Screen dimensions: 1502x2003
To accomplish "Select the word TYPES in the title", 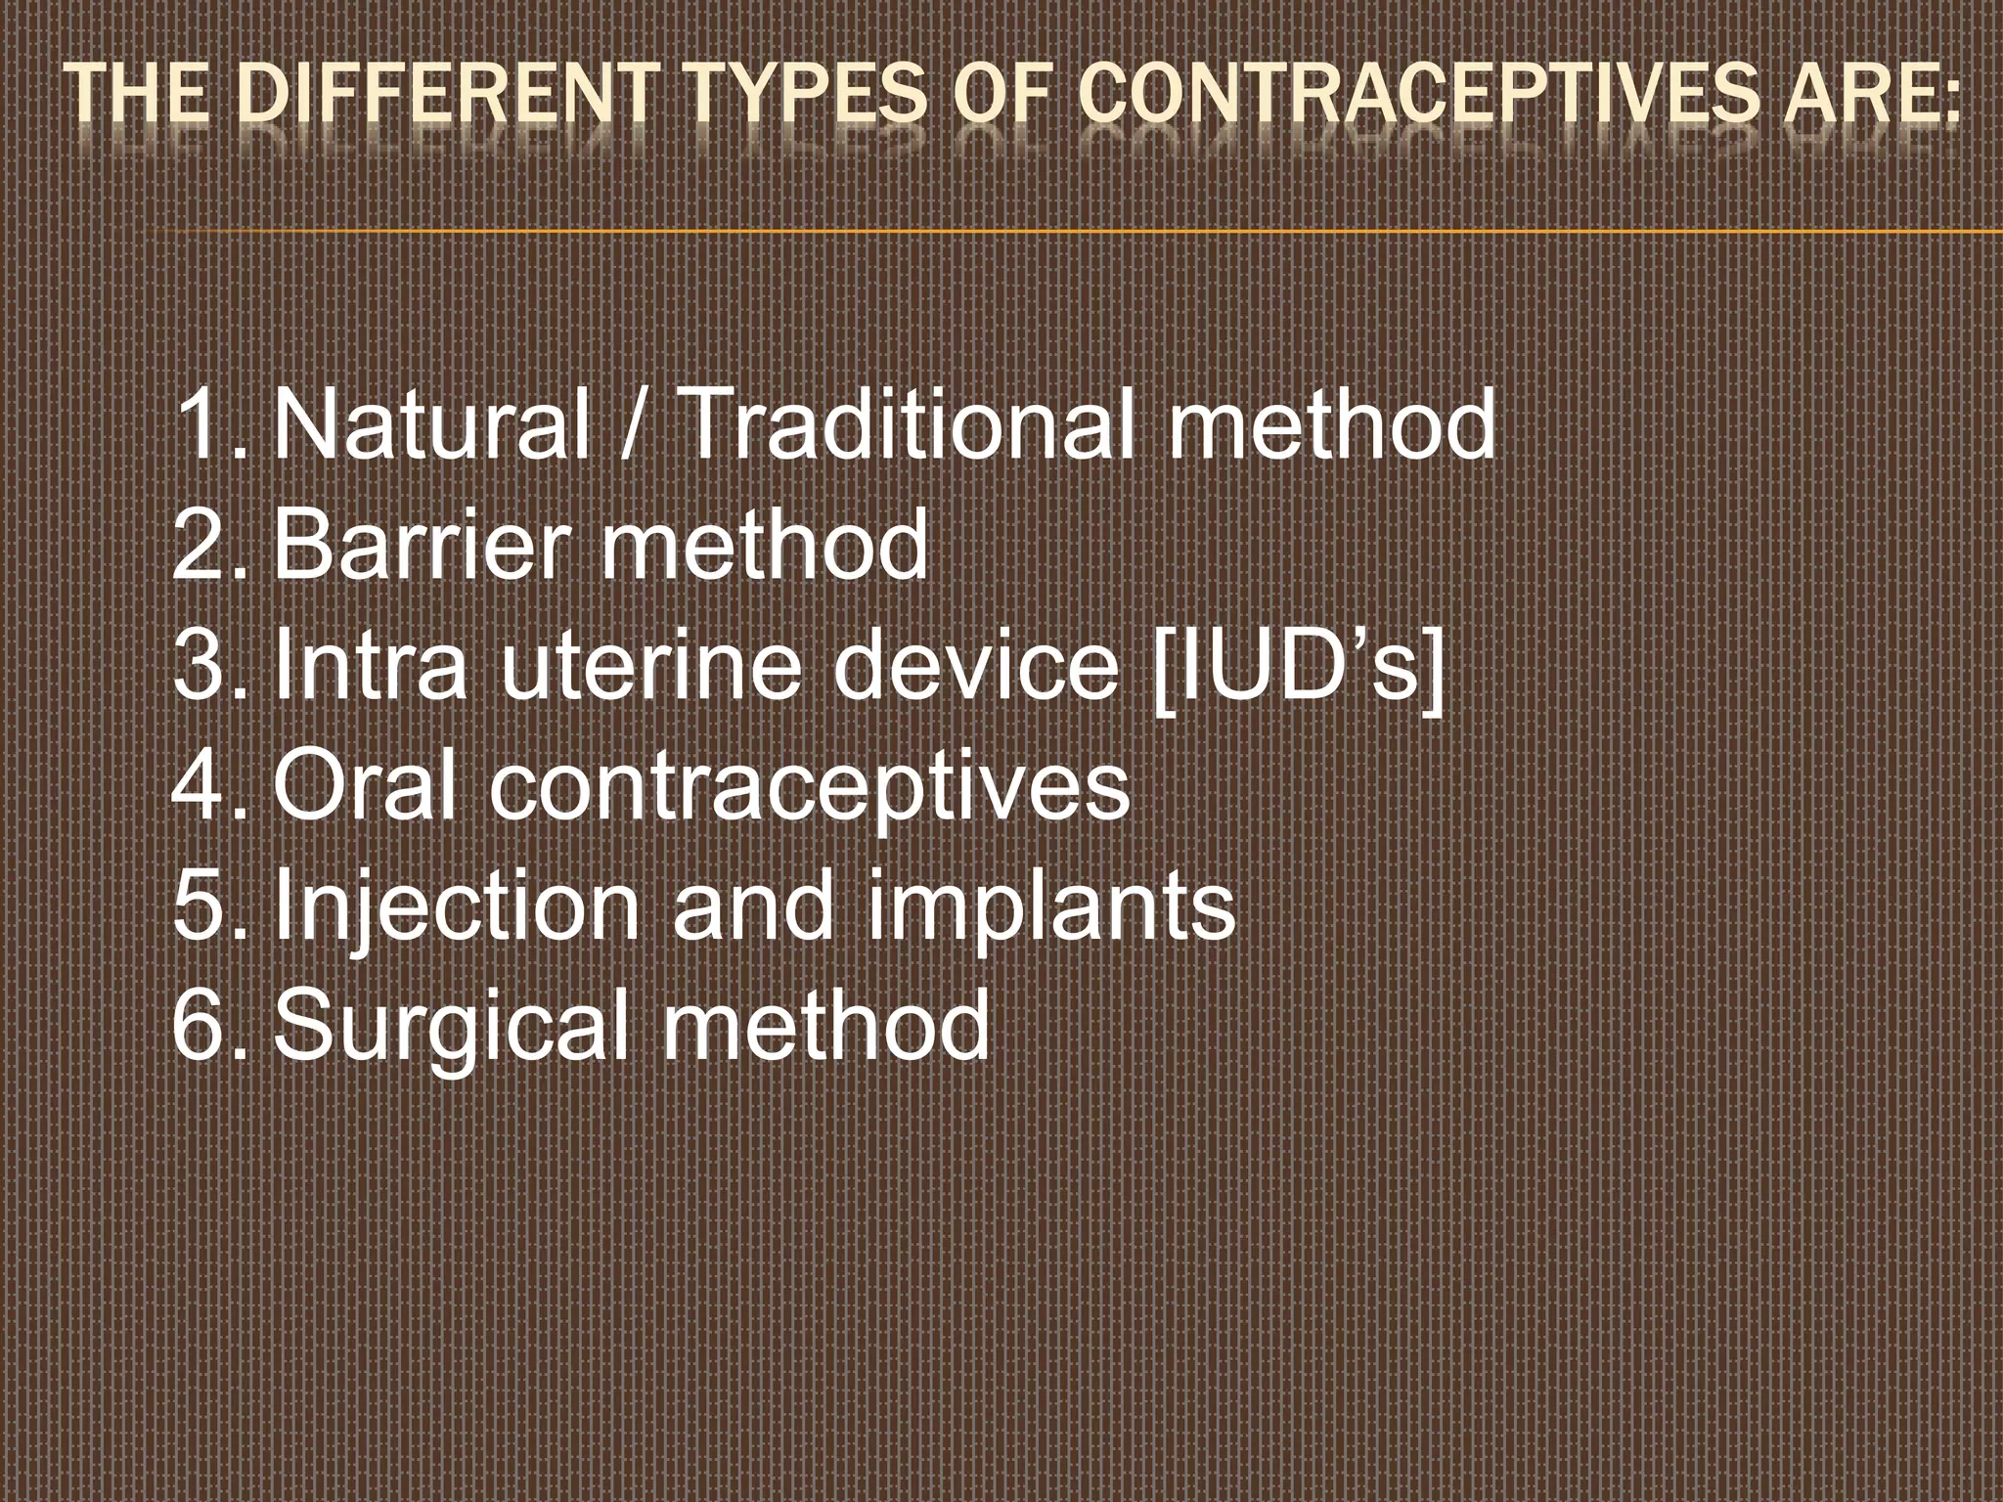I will [x=804, y=95].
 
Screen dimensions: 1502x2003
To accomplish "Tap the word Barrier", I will [x=421, y=544].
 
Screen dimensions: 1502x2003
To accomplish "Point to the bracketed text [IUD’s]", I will [x=1297, y=665].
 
